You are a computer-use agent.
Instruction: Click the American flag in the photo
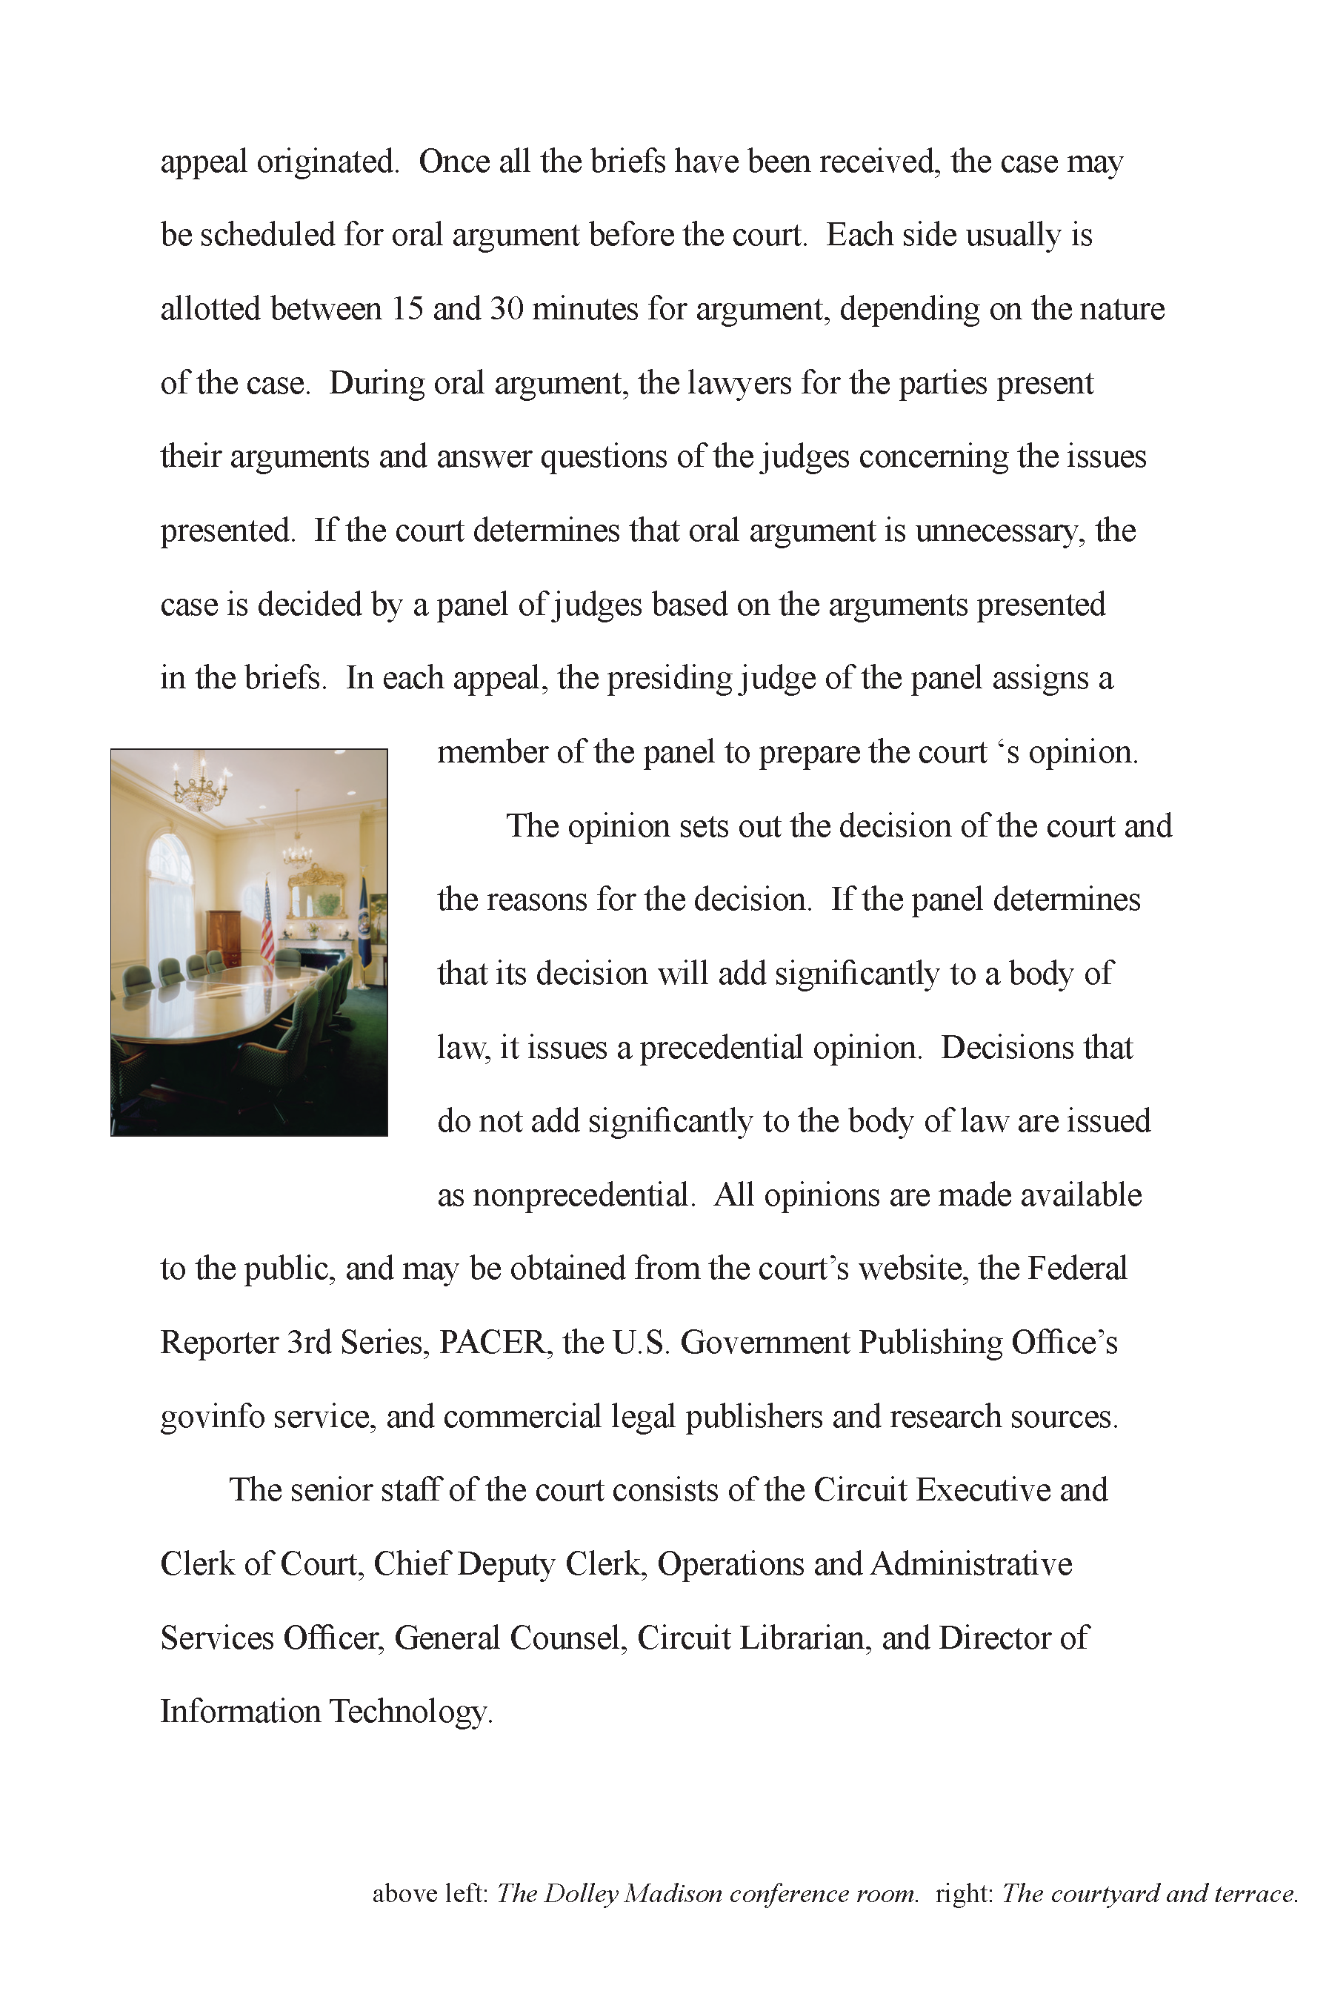267,923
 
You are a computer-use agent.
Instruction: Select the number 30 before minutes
506,308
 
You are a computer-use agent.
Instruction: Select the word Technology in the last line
410,1712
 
